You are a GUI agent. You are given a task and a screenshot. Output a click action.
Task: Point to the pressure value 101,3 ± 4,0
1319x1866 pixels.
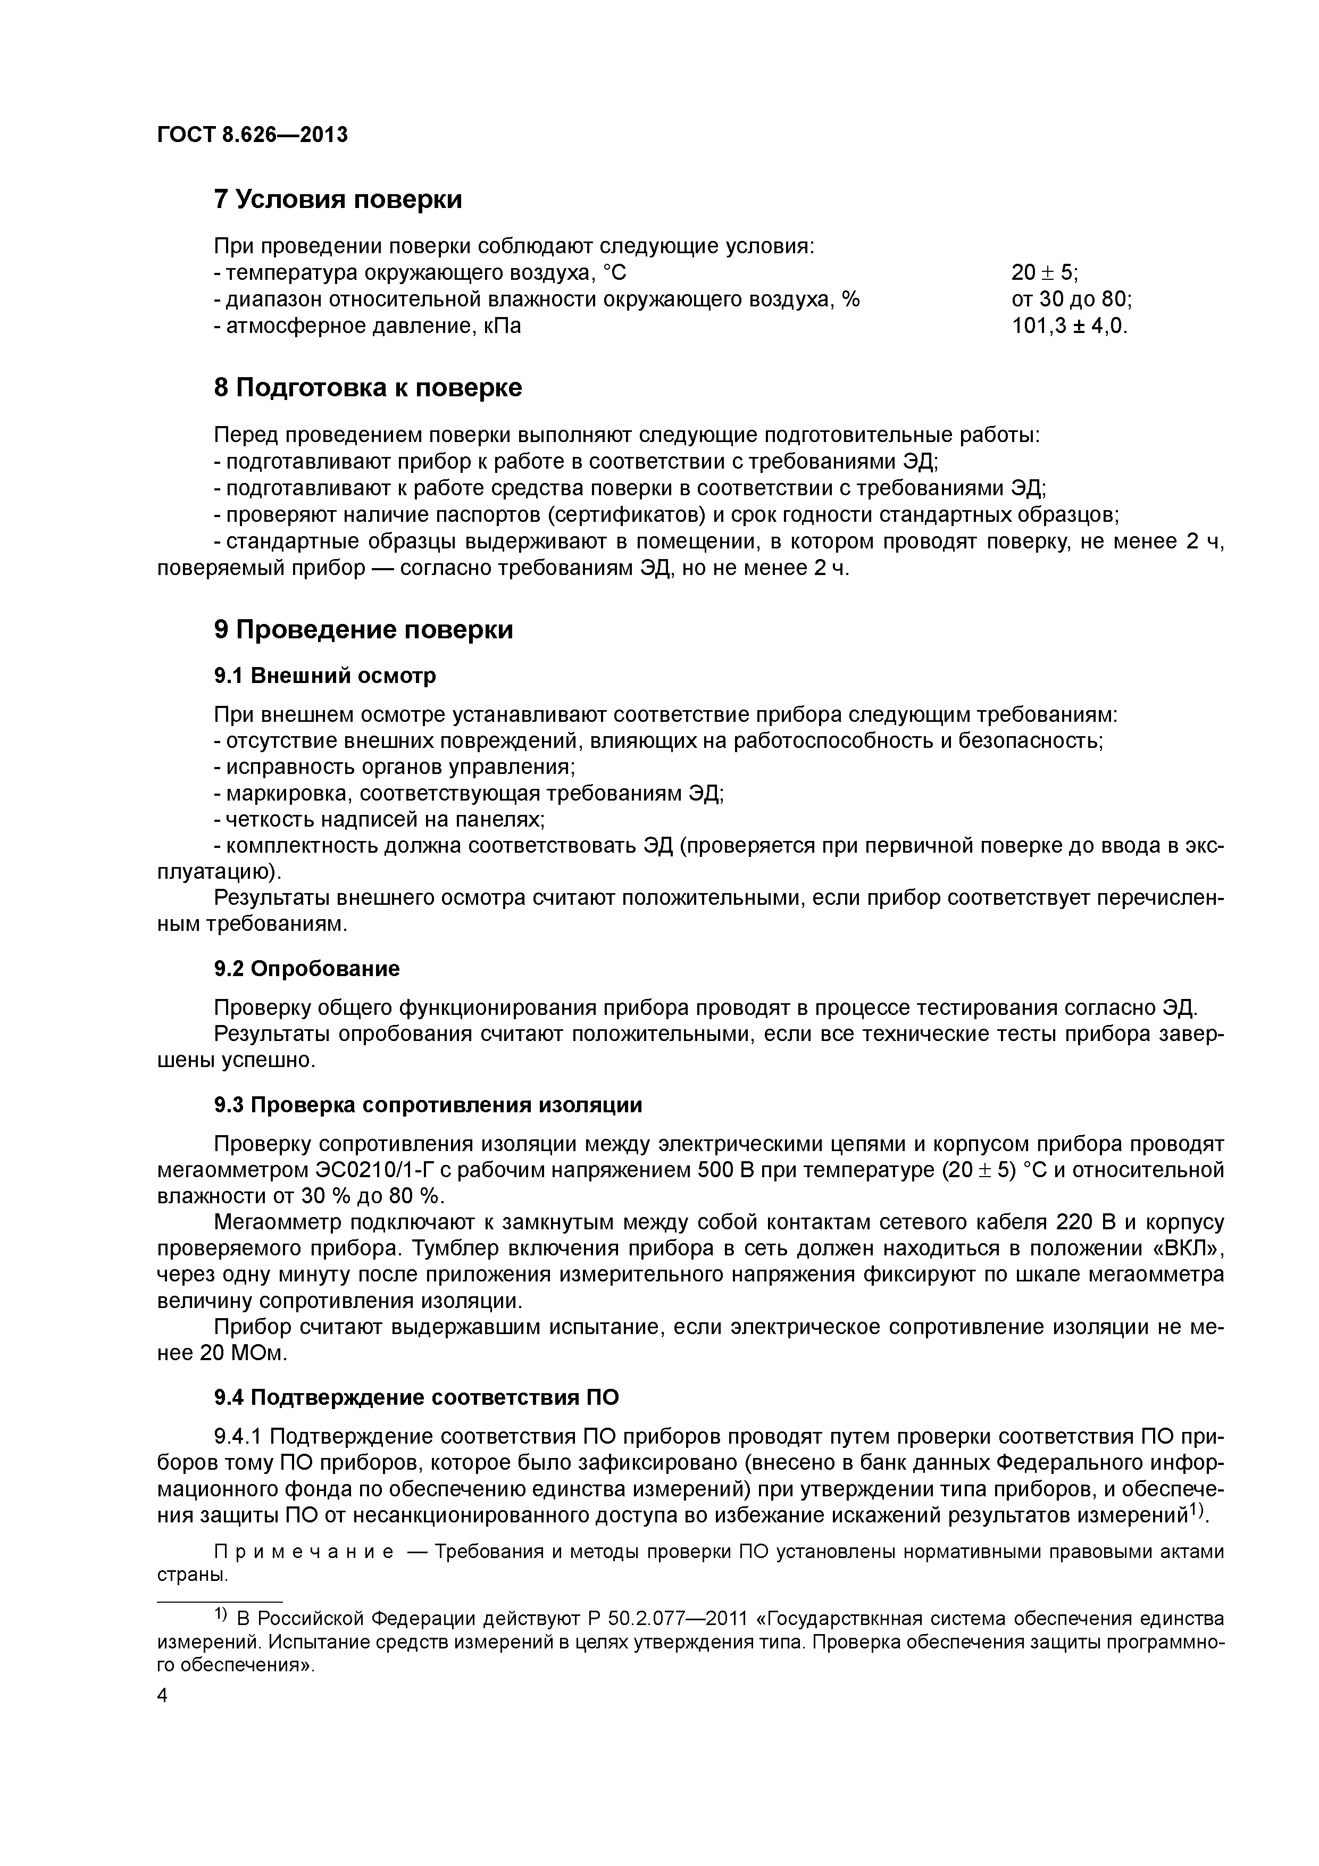1070,326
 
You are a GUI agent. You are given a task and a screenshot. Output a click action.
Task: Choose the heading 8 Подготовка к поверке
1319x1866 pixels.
368,388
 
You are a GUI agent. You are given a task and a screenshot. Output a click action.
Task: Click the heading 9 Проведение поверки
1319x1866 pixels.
363,629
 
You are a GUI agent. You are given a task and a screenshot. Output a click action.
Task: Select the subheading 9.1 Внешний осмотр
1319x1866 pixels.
325,676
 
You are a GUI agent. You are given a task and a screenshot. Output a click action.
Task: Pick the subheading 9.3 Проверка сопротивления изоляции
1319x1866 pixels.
428,1105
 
